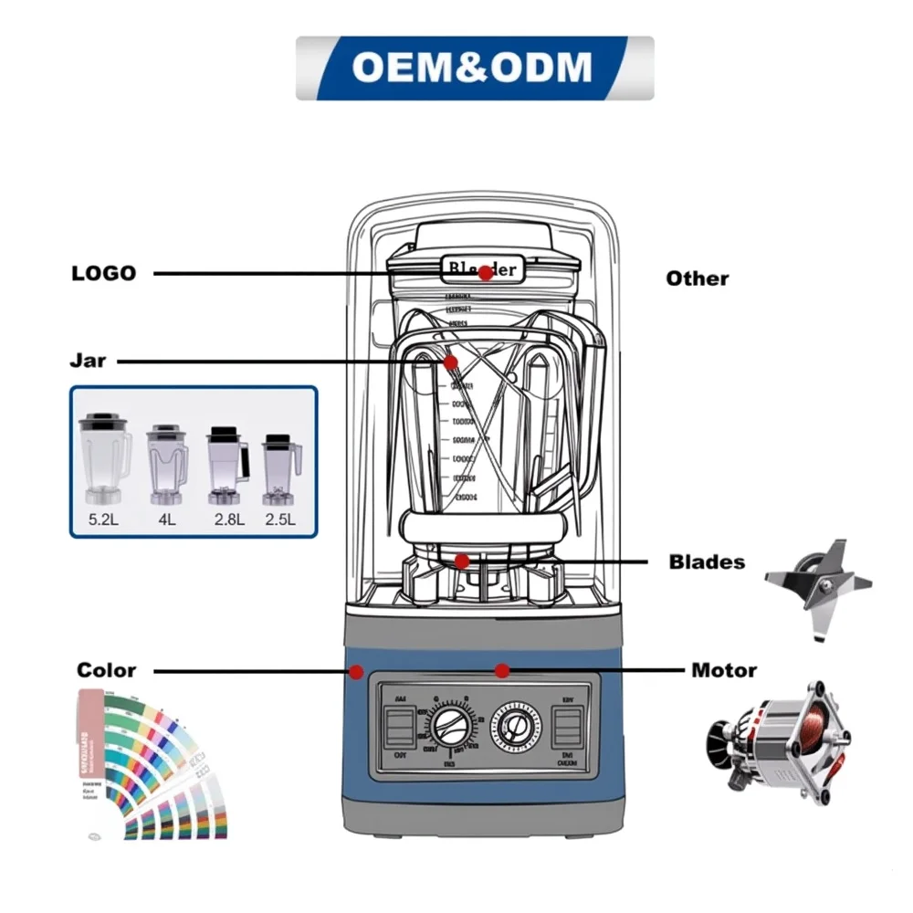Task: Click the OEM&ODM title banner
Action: pos(474,68)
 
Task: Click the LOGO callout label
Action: pos(103,273)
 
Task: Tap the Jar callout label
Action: pos(89,361)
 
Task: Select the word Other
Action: pos(698,278)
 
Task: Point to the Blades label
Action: pos(707,561)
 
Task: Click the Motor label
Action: pos(724,670)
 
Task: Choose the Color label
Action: pos(107,670)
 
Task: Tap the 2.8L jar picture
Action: pos(226,464)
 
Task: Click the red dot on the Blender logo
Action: pos(486,273)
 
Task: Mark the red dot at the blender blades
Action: pos(462,561)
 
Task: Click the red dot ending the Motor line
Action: pos(501,671)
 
